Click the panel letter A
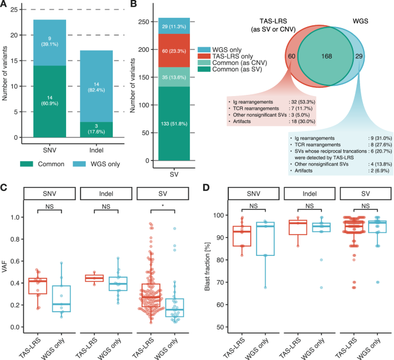click(x=5, y=5)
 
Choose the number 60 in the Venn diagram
click(x=290, y=56)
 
